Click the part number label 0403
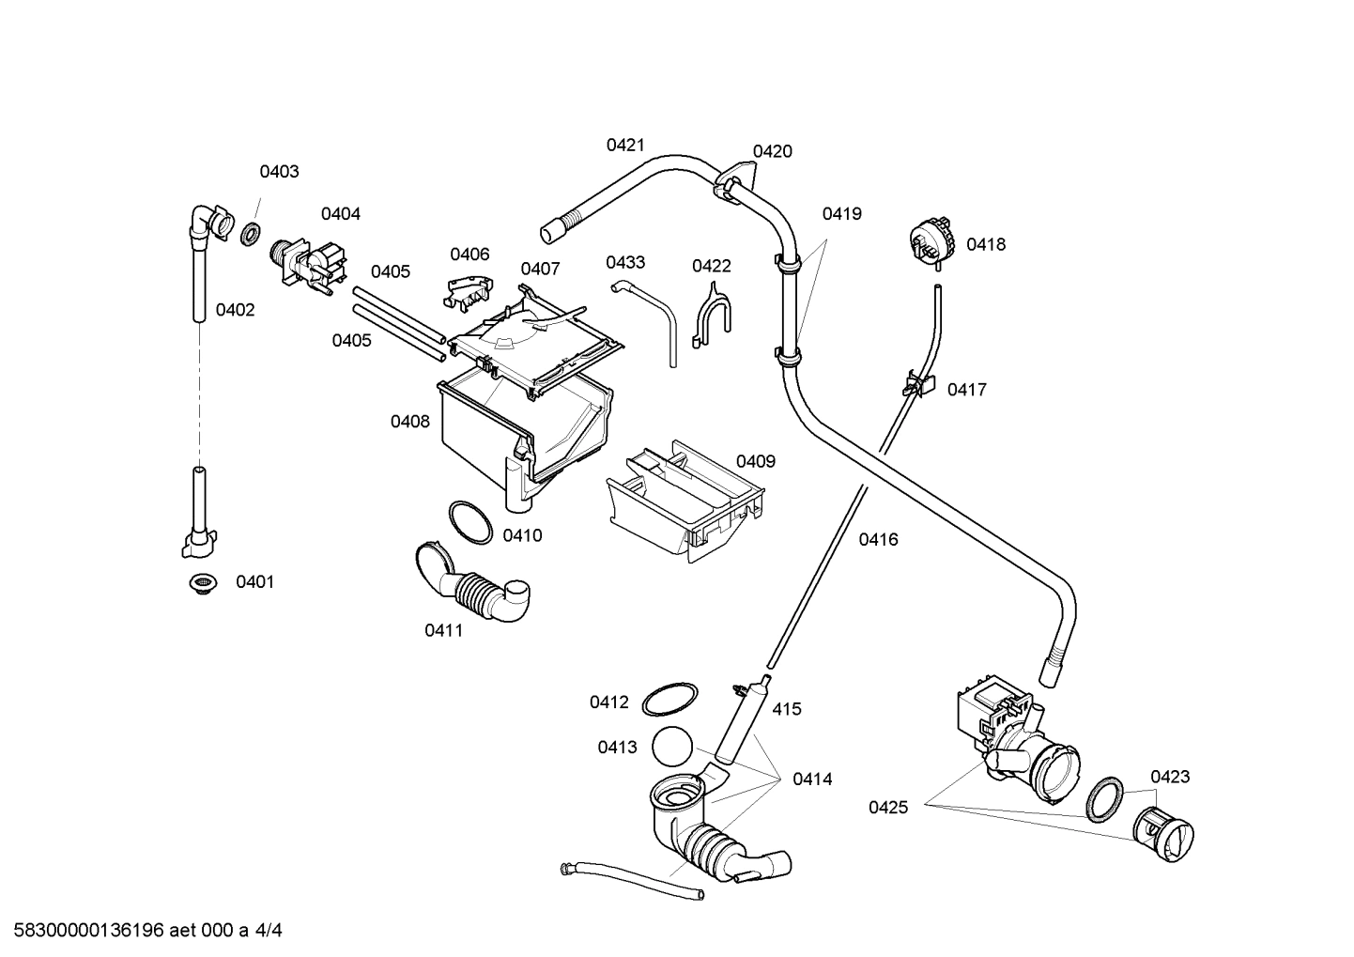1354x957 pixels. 279,171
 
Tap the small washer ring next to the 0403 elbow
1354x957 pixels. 251,234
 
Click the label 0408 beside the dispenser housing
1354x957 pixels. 410,422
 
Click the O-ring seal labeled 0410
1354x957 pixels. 469,522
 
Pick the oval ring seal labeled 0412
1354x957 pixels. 669,700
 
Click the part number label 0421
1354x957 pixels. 624,145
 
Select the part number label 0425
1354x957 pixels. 887,807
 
